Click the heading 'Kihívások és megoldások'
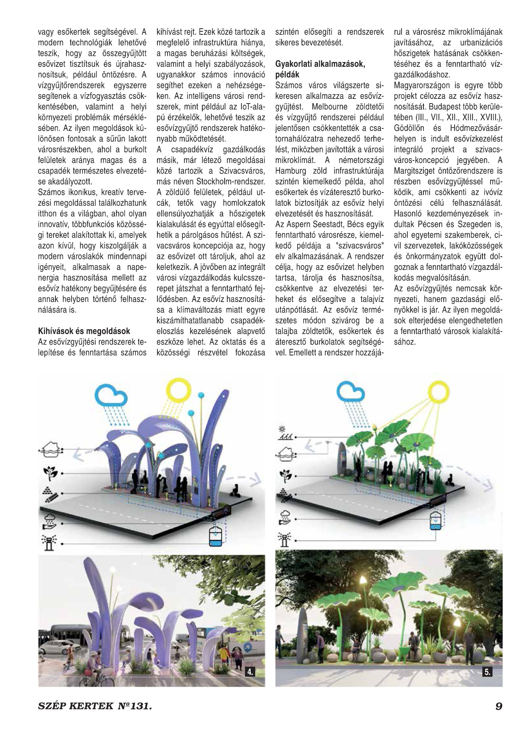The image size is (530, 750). coord(84,331)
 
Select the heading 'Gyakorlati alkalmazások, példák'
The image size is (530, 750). coord(320,69)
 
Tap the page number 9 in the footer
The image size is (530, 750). coord(498,706)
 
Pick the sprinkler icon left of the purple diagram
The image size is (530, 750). coord(49,542)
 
